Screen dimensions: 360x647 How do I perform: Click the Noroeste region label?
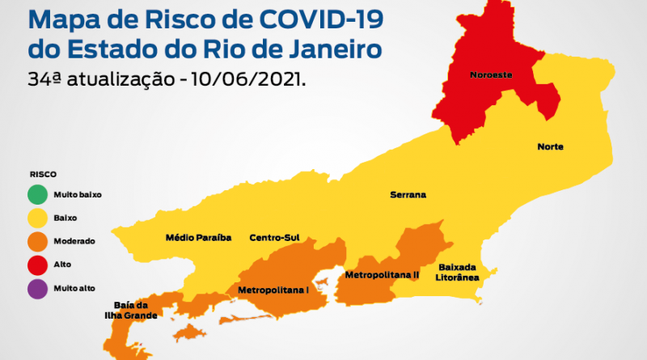pyautogui.click(x=490, y=76)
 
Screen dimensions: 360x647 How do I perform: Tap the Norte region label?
pyautogui.click(x=550, y=146)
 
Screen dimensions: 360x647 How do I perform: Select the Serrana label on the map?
pyautogui.click(x=408, y=195)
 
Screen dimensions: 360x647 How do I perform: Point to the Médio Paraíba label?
pyautogui.click(x=198, y=238)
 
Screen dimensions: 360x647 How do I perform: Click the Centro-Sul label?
pyautogui.click(x=274, y=238)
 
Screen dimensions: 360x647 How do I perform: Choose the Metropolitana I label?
pyautogui.click(x=273, y=289)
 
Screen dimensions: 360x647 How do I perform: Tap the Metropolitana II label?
pyautogui.click(x=382, y=275)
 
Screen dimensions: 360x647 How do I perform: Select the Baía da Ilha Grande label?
pyautogui.click(x=129, y=310)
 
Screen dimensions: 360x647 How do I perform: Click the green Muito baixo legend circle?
pyautogui.click(x=37, y=195)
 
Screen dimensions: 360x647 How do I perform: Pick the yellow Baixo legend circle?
pyautogui.click(x=37, y=218)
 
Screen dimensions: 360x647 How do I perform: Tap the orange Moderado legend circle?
pyautogui.click(x=37, y=241)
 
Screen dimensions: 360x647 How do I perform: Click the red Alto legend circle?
pyautogui.click(x=37, y=265)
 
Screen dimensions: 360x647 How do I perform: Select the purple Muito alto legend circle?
pyautogui.click(x=37, y=288)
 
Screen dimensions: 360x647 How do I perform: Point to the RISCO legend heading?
pyautogui.click(x=43, y=174)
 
